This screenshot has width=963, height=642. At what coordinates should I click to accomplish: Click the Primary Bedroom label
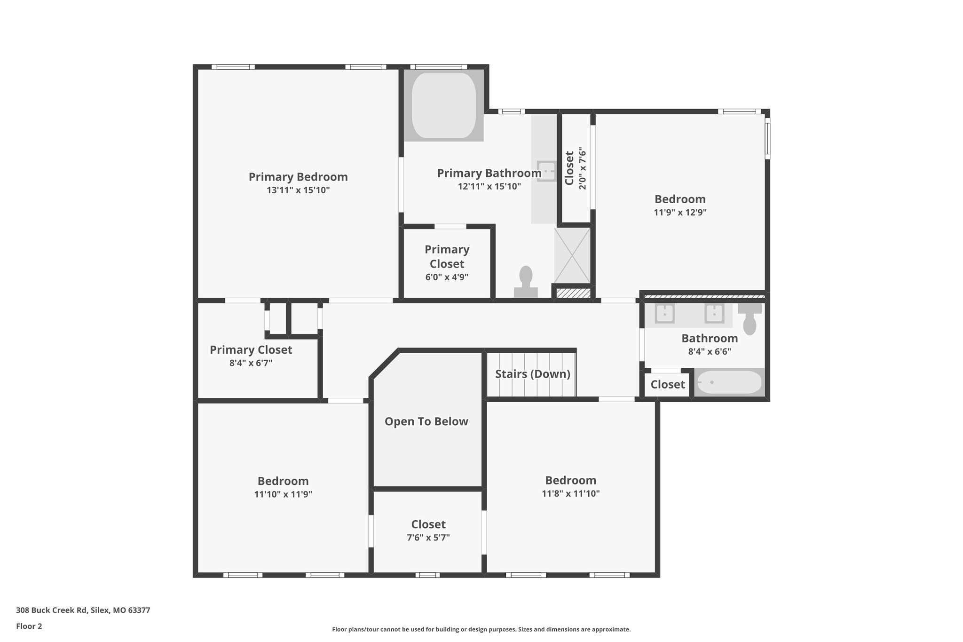pos(298,177)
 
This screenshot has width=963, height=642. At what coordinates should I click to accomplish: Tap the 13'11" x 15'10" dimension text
pos(298,190)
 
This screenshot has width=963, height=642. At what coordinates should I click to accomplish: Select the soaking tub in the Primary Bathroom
pos(443,105)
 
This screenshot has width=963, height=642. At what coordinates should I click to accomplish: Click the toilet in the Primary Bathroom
pos(526,282)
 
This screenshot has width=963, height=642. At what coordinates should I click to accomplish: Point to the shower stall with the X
pos(572,256)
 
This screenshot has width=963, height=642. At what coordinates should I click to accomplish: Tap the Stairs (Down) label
pos(532,374)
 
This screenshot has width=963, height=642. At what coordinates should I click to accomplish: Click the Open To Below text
pos(426,421)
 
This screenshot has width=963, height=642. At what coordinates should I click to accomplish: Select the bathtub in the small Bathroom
pos(729,382)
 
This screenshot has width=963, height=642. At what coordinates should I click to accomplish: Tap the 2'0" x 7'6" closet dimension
pos(583,168)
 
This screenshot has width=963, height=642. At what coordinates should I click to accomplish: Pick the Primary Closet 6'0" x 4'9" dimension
pos(447,277)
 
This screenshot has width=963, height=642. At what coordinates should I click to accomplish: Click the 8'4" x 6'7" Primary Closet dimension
pos(251,363)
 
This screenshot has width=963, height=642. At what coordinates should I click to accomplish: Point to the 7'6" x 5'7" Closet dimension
pos(428,538)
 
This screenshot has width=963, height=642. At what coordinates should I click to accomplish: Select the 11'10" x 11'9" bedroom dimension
pos(283,494)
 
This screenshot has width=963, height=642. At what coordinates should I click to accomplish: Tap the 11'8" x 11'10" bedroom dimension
pos(570,493)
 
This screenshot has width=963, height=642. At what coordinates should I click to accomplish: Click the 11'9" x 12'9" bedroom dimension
pos(680,212)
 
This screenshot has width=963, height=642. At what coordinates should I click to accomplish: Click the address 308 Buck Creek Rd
pos(83,610)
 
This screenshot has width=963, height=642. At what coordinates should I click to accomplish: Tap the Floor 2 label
pos(29,626)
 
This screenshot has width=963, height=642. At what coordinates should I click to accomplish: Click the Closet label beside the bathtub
pos(667,385)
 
